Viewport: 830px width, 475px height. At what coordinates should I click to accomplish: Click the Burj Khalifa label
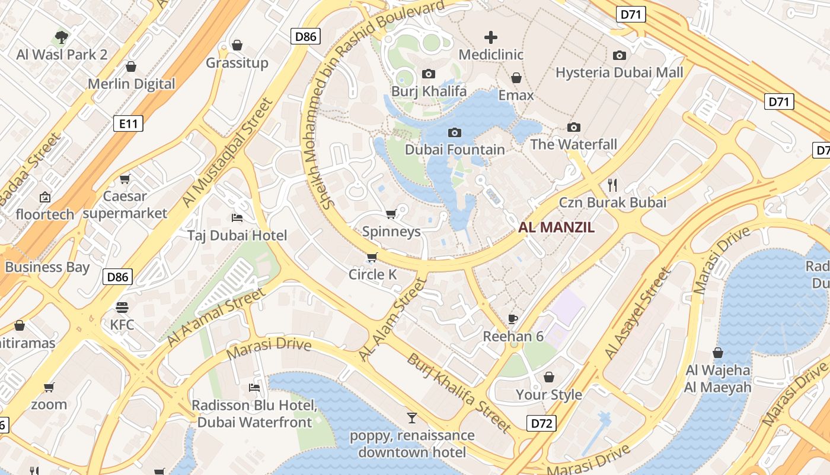tap(429, 91)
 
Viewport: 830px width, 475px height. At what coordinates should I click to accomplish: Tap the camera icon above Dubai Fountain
tap(455, 132)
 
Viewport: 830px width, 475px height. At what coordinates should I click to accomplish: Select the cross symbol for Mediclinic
tap(491, 37)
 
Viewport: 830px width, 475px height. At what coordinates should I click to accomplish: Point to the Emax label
tap(516, 95)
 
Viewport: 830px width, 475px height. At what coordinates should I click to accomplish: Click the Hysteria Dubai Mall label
tap(619, 72)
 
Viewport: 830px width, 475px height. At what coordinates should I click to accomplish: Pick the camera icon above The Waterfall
tap(573, 127)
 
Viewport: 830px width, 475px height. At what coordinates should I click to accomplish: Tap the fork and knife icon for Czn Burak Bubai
tap(612, 185)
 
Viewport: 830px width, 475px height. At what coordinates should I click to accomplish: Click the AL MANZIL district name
tap(556, 227)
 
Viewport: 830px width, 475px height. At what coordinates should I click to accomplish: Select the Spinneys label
tap(391, 232)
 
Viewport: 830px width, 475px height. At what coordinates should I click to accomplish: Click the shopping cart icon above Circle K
tap(372, 258)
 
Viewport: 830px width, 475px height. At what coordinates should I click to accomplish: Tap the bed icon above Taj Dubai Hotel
tap(237, 218)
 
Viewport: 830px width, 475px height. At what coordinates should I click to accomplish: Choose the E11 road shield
tap(128, 123)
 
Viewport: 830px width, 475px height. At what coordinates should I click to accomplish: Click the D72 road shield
tap(542, 423)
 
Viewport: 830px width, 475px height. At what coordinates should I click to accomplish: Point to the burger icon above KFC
tap(122, 307)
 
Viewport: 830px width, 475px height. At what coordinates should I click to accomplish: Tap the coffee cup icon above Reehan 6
tap(513, 319)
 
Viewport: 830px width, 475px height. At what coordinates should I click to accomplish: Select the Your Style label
tap(548, 395)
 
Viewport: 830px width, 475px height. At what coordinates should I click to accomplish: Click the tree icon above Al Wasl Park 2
tap(62, 37)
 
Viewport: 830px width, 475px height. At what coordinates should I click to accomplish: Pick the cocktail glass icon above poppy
tap(411, 417)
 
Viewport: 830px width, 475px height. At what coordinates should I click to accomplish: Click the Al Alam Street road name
tap(393, 319)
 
